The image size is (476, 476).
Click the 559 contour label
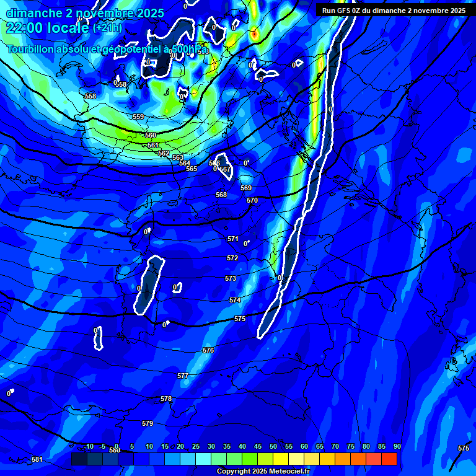click(138, 117)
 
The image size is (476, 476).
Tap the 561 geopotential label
click(153, 145)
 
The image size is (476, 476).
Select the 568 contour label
click(221, 195)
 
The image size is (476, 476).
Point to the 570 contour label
click(252, 200)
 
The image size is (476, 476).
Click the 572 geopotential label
click(232, 258)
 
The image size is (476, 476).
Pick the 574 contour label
click(235, 300)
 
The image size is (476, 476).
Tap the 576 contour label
click(208, 350)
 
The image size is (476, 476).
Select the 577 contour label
click(183, 376)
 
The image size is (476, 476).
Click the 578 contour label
click(166, 399)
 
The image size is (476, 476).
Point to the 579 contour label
click(148, 423)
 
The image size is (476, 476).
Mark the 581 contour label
click(37, 459)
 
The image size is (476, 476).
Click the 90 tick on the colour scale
click(397, 446)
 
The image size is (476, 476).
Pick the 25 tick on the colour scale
click(196, 446)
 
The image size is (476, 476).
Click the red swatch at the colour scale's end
click(389, 459)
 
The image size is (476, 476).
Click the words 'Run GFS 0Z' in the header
click(342, 10)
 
